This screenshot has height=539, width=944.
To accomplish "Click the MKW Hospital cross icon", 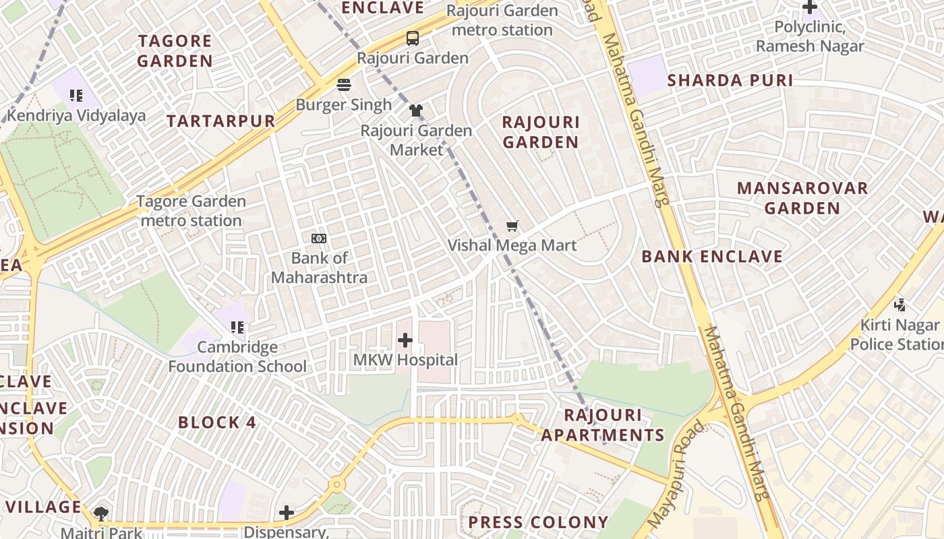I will point(405,341).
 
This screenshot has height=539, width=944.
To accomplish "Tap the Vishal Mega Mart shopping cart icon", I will point(512,226).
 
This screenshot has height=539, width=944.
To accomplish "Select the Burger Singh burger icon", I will point(344,85).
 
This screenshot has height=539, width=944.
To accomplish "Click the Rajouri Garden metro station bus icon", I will point(412,38).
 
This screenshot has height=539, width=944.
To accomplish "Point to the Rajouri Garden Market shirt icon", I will point(416,110).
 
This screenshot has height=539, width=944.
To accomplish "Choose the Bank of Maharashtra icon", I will point(319,239).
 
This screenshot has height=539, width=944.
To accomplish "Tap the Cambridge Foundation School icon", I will point(237,327).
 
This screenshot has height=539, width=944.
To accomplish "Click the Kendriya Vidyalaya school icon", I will point(76,96).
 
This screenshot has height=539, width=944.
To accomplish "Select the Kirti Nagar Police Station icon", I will point(899,305).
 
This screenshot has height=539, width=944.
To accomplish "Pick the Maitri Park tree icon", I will point(101,514).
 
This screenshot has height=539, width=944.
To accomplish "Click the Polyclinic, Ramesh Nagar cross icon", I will point(809,7).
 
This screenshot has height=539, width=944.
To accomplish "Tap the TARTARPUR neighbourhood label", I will point(221,121).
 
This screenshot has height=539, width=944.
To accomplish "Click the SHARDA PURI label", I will point(730,80).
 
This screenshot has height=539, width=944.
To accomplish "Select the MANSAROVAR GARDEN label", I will point(802,198).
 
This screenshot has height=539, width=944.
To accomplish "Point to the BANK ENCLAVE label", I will point(712,257).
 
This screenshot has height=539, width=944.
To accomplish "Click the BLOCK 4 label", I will point(217,422).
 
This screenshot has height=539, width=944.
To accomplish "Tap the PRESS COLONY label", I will point(538,522).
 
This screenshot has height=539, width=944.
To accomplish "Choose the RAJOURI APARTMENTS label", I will point(603,425).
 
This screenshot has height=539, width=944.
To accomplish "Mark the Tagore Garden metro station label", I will point(191,211).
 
